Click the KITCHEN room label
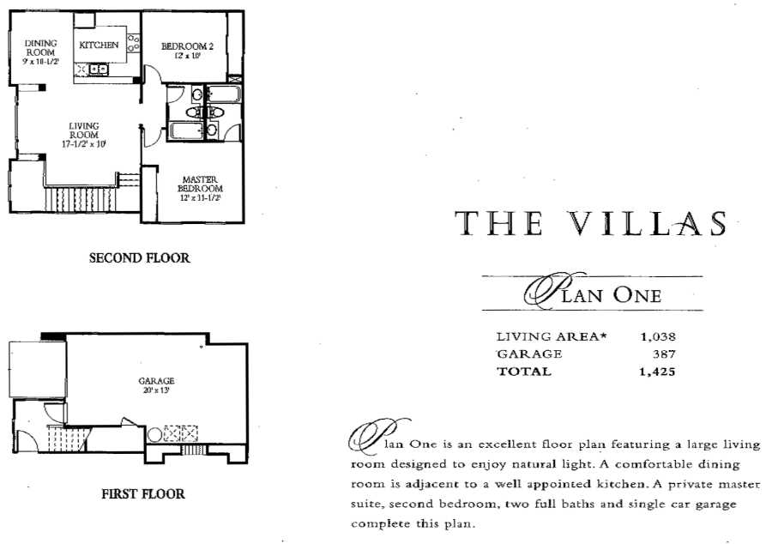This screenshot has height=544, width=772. coord(99,45)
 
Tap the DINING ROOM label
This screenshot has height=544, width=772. coord(40,47)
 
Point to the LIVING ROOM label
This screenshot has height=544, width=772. coord(84,130)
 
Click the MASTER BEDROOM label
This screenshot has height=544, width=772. coord(200,184)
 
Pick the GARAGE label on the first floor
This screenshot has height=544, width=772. coord(157,380)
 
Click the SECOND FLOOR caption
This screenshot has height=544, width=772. coord(139,257)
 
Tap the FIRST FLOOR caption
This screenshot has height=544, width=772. coord(142,493)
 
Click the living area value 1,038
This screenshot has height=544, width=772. coord(658,336)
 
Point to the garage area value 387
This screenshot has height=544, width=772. coord(664,354)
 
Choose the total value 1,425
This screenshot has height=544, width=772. coord(658,372)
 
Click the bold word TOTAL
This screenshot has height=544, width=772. coord(524,372)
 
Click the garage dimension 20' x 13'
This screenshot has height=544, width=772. coord(157,390)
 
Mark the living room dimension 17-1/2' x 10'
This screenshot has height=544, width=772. coord(84,144)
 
